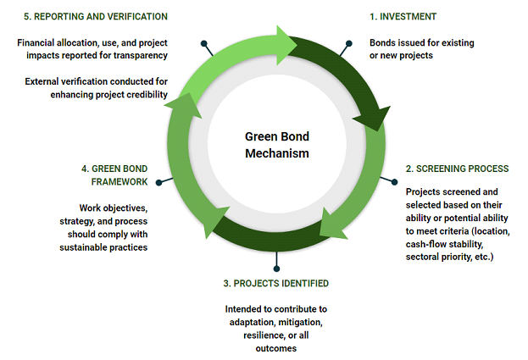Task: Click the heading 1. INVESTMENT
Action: [403, 16]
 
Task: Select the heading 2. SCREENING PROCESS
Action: [457, 169]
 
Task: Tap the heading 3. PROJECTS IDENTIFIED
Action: [275, 283]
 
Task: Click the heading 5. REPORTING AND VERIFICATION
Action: [96, 16]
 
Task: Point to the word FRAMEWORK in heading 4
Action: [119, 181]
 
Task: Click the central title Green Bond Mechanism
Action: [277, 145]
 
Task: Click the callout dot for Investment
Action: [349, 43]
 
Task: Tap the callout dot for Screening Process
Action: [394, 182]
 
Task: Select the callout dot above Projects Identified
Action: [276, 269]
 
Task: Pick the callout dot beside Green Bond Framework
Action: [159, 182]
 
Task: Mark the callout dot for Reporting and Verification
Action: [203, 43]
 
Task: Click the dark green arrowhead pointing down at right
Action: [373, 118]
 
